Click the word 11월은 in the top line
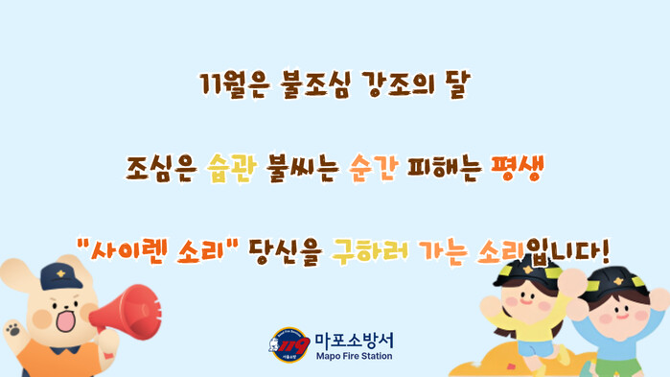point(235,84)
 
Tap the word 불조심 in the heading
point(316,84)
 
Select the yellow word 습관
point(233,168)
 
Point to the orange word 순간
point(374,168)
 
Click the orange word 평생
point(518,168)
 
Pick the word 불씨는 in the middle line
point(303,168)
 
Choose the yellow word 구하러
point(370,251)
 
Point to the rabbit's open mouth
point(66,320)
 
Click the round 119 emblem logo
point(289,344)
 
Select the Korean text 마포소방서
point(355,341)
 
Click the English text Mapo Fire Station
point(355,356)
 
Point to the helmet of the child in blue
point(617,283)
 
